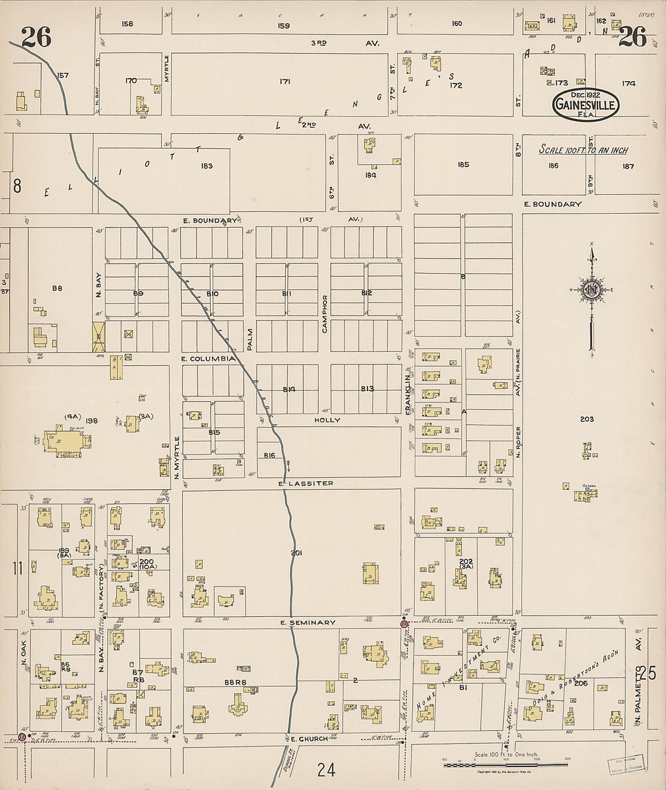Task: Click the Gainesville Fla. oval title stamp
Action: [x=585, y=105]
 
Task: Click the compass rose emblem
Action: [x=592, y=290]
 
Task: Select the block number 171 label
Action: [x=285, y=81]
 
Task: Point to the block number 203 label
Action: [x=586, y=419]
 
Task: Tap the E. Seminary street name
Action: [x=308, y=622]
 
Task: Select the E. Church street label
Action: [x=309, y=739]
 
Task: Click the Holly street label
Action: [x=327, y=420]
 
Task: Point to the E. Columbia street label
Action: [x=208, y=358]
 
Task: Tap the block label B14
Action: [x=288, y=389]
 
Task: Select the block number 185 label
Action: [x=463, y=165]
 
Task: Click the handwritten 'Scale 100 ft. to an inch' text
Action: [x=584, y=150]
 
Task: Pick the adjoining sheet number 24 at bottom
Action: [x=326, y=769]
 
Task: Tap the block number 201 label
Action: [x=296, y=553]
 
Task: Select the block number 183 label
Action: [x=206, y=166]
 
